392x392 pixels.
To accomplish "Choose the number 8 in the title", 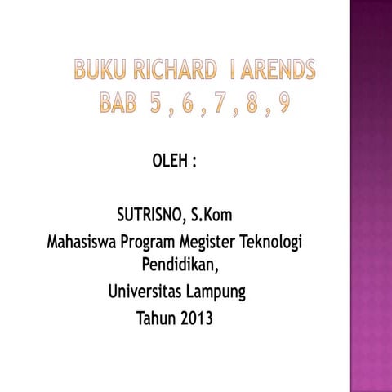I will click(257, 104).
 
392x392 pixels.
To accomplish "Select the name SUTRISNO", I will click(150, 216).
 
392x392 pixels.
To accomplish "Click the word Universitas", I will click(145, 292).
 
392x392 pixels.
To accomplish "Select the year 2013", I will click(198, 318).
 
